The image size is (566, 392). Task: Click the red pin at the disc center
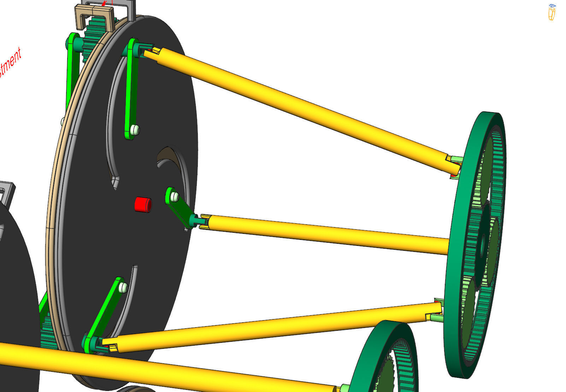[143, 204]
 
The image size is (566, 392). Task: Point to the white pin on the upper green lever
[135, 130]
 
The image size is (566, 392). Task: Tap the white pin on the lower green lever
[123, 287]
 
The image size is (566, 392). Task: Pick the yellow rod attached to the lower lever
[269, 327]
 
